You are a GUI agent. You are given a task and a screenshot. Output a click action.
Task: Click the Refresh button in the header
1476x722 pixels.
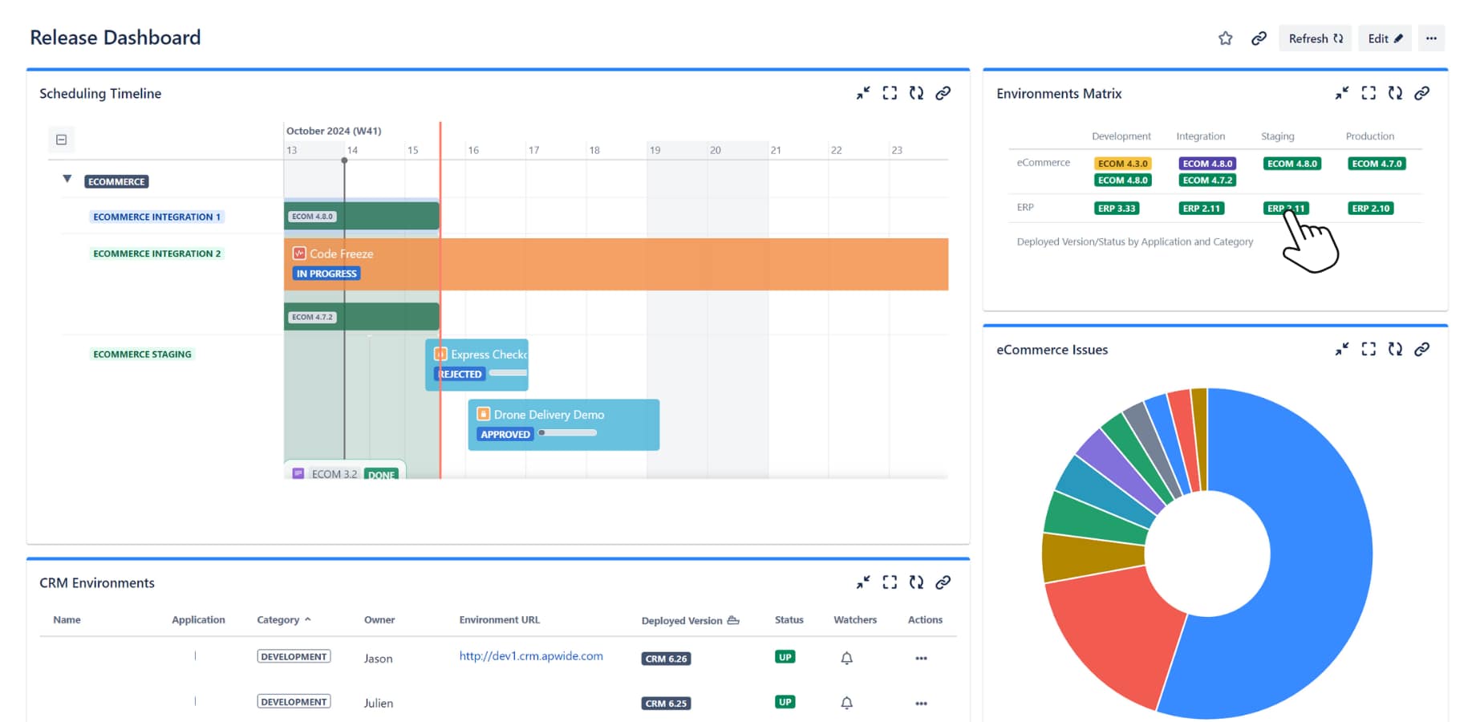tap(1315, 39)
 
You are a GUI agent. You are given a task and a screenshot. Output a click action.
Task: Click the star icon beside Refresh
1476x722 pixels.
tap(1225, 39)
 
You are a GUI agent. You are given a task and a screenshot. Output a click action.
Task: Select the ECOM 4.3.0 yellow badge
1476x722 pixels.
tap(1122, 164)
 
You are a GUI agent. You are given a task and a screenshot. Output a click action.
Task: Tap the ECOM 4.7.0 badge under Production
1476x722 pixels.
tap(1377, 164)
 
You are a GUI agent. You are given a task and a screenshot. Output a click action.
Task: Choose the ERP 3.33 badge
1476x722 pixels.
tap(1117, 209)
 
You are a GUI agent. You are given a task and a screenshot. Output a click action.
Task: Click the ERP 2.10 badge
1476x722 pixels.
tap(1370, 209)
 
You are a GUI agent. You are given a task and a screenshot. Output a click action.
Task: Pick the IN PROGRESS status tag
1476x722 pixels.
tap(326, 274)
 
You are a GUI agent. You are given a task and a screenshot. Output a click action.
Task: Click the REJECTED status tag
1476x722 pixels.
tap(460, 374)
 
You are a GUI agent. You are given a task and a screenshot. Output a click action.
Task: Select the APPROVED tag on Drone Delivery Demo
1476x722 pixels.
tap(505, 434)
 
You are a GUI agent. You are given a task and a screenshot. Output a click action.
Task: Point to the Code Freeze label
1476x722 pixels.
tap(341, 254)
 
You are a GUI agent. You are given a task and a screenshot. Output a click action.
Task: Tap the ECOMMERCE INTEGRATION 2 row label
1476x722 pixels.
tap(156, 254)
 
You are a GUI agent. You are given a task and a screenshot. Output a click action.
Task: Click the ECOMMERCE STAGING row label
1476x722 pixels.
tap(142, 354)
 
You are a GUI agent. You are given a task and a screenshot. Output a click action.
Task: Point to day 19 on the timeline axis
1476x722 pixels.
tap(655, 150)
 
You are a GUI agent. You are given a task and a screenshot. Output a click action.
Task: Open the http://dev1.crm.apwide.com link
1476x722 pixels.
tap(530, 656)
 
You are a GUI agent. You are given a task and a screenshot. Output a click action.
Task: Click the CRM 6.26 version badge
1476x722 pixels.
tap(666, 659)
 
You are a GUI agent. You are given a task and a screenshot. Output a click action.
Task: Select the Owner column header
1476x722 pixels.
tap(379, 620)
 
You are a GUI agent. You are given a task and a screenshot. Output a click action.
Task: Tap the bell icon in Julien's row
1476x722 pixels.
tap(846, 703)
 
